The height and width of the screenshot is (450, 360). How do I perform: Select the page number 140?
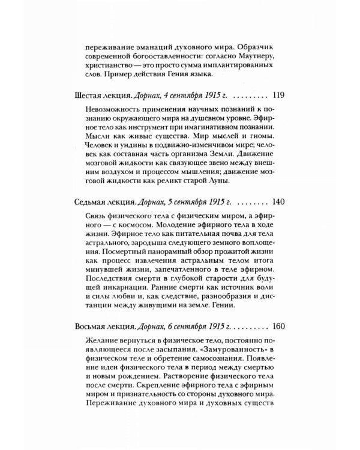click(x=278, y=202)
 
